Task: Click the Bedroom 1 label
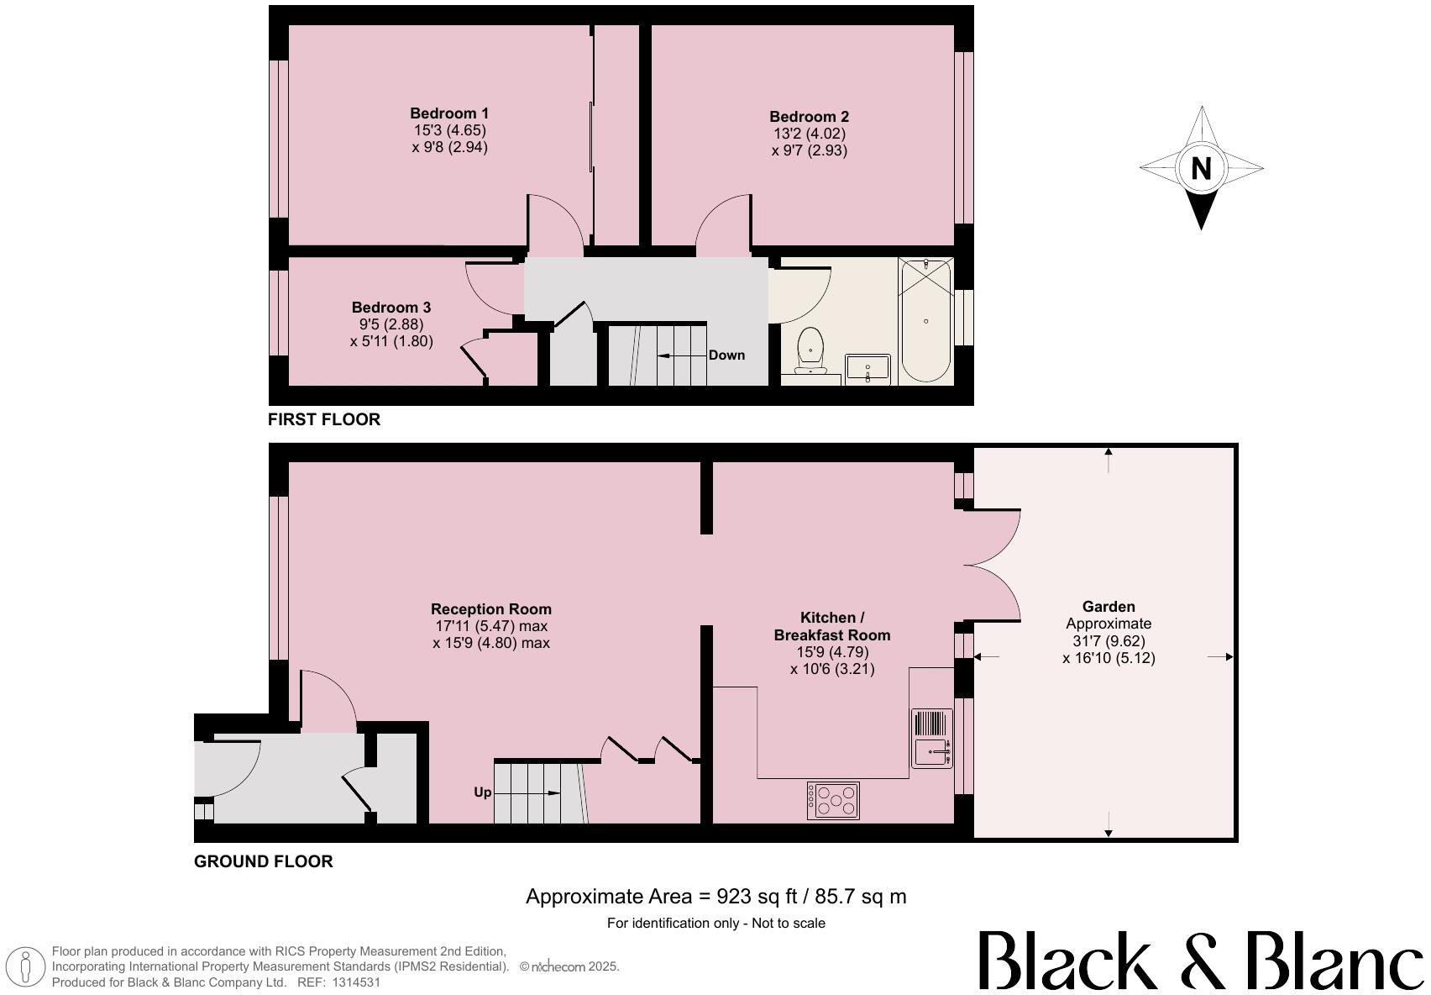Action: (449, 113)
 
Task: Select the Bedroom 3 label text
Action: (391, 308)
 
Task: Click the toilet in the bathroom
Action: (810, 349)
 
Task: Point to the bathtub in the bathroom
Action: (925, 320)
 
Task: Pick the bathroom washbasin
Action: (868, 368)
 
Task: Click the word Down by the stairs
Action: (726, 355)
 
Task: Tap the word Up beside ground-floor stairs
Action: (483, 792)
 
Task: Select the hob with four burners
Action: (833, 800)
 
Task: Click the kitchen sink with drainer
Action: (932, 739)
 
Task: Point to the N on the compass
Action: (1201, 168)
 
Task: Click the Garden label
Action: (1109, 607)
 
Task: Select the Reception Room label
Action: (491, 609)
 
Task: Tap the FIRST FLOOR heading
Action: (324, 419)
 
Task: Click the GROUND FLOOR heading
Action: (264, 861)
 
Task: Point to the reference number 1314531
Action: (357, 982)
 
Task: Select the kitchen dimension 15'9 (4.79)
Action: (831, 652)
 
